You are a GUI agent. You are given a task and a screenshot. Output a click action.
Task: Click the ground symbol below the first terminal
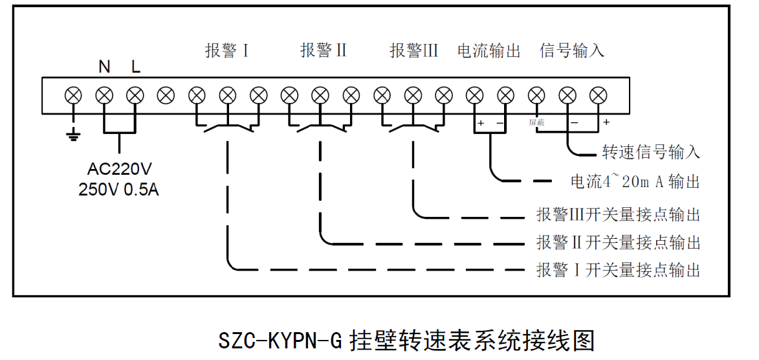click(73, 135)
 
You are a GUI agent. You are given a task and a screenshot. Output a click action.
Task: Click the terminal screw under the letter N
click(104, 96)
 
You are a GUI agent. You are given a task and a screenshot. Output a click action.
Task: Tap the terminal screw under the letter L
click(135, 96)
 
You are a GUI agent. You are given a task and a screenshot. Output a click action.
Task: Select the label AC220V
click(120, 170)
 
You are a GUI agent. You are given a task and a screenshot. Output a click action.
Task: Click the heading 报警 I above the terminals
click(227, 51)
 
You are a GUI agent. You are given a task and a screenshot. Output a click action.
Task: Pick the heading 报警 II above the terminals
click(324, 51)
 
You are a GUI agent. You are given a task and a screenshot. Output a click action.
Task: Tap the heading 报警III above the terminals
click(414, 51)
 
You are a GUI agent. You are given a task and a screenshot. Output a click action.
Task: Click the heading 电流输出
click(489, 51)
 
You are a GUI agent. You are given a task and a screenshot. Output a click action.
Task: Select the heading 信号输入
click(572, 51)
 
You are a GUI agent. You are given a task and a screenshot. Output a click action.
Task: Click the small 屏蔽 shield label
click(536, 122)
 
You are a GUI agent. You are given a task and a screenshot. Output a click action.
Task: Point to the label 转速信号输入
click(651, 153)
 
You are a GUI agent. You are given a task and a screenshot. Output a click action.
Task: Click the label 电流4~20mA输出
click(635, 182)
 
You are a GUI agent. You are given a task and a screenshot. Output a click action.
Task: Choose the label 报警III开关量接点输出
click(618, 214)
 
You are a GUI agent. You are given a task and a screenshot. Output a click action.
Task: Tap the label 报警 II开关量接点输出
click(618, 243)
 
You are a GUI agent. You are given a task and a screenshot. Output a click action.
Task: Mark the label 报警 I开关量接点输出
click(618, 270)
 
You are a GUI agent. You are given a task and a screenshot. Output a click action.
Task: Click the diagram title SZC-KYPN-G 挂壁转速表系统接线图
click(406, 340)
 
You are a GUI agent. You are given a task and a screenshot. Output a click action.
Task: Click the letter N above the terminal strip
click(104, 67)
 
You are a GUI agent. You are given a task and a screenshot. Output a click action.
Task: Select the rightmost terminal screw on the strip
click(599, 96)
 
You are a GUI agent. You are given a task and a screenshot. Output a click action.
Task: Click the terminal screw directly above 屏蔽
click(536, 96)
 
